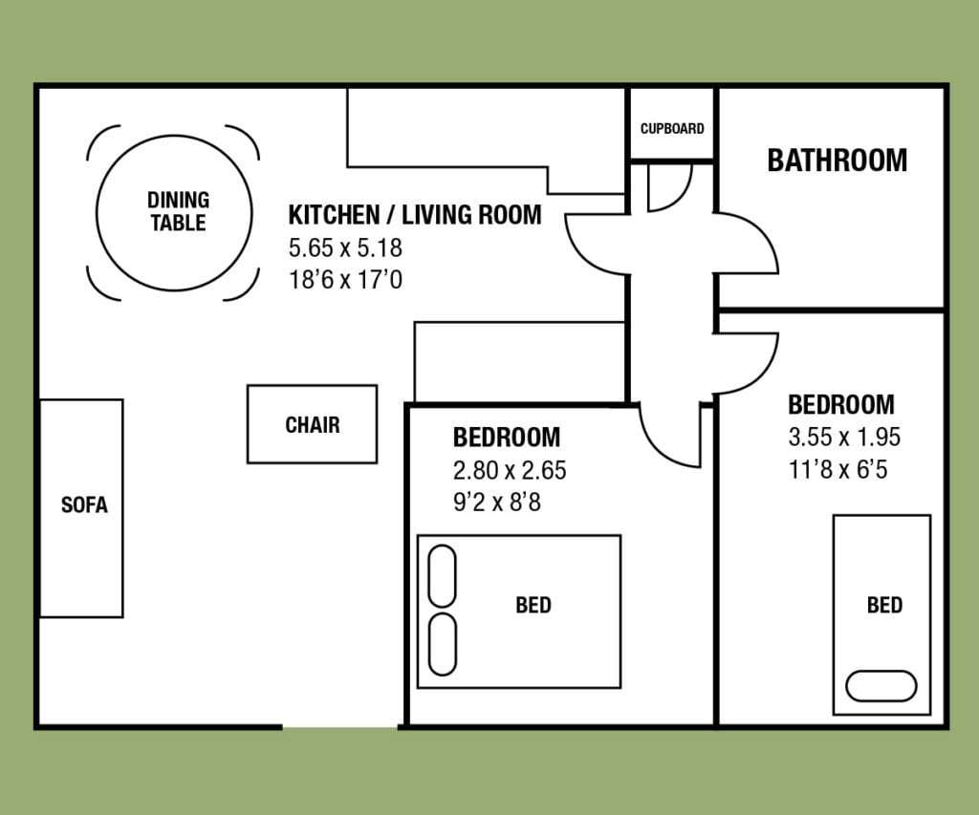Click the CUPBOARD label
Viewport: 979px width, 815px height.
pyautogui.click(x=672, y=129)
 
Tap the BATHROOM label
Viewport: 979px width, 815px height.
pyautogui.click(x=837, y=161)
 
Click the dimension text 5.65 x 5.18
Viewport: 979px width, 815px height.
pyautogui.click(x=345, y=247)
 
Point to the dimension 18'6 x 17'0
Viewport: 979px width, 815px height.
pyautogui.click(x=345, y=280)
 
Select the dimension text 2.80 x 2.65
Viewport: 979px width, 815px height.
pyautogui.click(x=510, y=470)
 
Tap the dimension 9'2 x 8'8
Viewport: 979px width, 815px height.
pyautogui.click(x=497, y=503)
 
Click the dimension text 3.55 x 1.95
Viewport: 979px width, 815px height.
pyautogui.click(x=844, y=437)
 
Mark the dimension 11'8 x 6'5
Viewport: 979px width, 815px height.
pyautogui.click(x=838, y=469)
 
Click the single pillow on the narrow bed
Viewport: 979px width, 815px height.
pyautogui.click(x=881, y=686)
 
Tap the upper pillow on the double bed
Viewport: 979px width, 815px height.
pyautogui.click(x=442, y=576)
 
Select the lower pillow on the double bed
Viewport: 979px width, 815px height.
pyautogui.click(x=443, y=645)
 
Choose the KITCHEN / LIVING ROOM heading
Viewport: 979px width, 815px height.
pyautogui.click(x=415, y=215)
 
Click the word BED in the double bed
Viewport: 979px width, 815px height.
pyautogui.click(x=533, y=606)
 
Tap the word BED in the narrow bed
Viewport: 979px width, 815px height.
pyautogui.click(x=884, y=606)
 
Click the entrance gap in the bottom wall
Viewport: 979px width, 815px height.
pyautogui.click(x=340, y=727)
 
